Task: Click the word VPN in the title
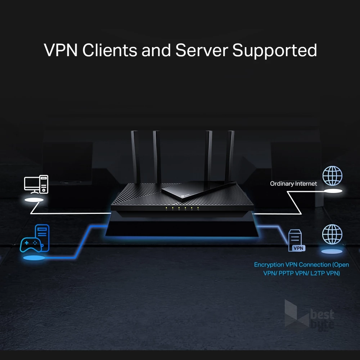60,50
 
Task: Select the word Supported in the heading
275,51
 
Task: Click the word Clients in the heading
109,50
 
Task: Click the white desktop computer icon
36,184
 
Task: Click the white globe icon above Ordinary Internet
332,176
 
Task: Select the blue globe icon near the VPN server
332,234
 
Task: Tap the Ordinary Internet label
293,184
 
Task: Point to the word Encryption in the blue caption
269,265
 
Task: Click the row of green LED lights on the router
182,208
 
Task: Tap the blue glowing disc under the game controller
34,258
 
